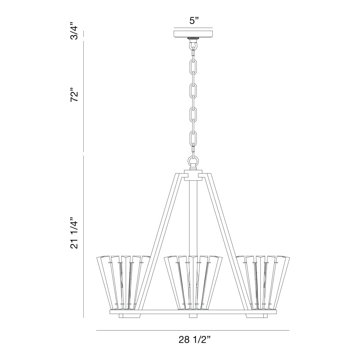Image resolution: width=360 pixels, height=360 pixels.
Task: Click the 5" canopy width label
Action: (x=194, y=21)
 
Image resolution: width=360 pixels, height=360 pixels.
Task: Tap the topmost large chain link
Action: (x=193, y=66)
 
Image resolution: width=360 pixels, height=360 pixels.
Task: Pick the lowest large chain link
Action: (x=193, y=138)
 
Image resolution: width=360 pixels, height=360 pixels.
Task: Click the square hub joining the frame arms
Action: (x=193, y=175)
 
